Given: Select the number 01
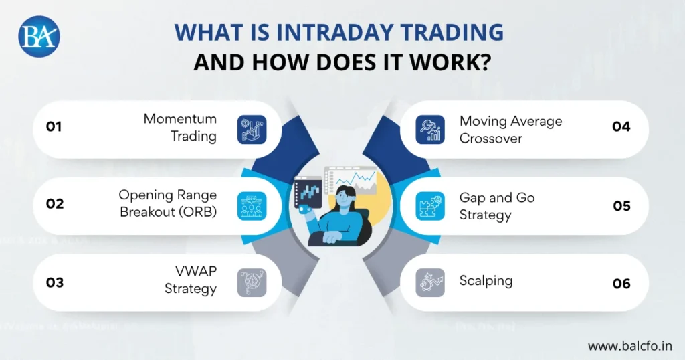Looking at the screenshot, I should click(54, 126).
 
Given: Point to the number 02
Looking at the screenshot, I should click(55, 204).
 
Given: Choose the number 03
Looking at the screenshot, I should click(55, 282).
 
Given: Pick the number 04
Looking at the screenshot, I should click(621, 126).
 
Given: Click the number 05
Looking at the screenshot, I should click(622, 205).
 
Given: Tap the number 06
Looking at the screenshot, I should click(621, 284).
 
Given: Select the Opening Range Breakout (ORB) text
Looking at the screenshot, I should click(168, 203).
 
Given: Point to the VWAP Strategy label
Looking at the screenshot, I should click(193, 281).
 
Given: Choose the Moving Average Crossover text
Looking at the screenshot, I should click(510, 129).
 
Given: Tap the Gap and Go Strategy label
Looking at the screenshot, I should click(497, 206).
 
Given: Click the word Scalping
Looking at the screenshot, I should click(486, 281).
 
